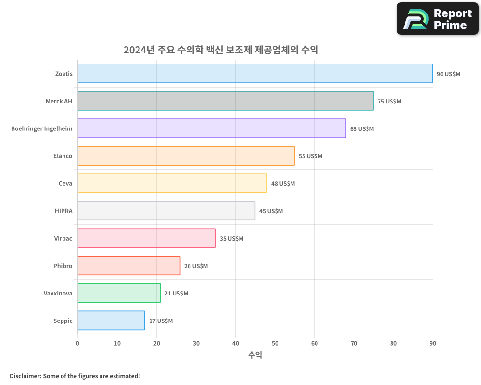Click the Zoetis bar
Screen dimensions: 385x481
255,74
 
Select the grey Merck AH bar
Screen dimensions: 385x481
225,101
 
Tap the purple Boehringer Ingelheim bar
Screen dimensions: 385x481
212,128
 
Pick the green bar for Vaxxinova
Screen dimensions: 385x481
119,293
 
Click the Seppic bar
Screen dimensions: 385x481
111,321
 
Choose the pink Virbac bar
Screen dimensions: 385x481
147,238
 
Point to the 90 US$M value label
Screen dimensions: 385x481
448,74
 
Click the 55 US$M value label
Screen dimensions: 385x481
310,156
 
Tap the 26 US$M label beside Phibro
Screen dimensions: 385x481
196,266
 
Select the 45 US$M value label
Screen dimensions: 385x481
271,211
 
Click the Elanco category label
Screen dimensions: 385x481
63,156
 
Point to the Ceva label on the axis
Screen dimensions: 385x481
65,183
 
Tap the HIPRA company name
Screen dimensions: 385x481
63,211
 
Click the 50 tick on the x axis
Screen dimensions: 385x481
275,343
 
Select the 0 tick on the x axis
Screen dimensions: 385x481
77,343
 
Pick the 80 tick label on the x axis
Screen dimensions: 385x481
393,343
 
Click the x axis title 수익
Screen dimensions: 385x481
255,355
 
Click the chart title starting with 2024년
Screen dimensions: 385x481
221,50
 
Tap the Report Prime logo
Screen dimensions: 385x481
438,19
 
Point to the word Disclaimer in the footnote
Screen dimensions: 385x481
25,376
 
